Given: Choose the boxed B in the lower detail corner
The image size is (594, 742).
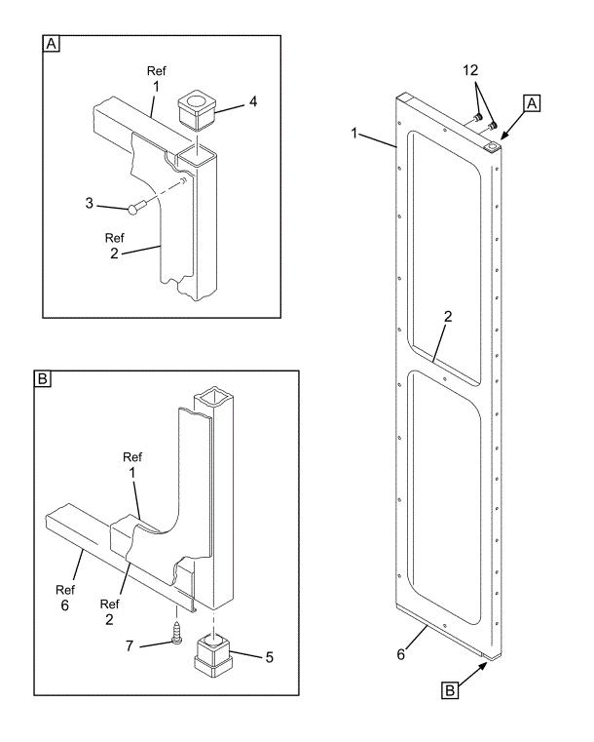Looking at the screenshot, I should click(x=43, y=381).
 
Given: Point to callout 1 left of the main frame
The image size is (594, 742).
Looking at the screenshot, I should click(x=355, y=130).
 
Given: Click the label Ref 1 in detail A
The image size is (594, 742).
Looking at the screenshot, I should click(x=155, y=79).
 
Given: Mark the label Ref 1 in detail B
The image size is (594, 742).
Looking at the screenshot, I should click(x=133, y=463).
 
